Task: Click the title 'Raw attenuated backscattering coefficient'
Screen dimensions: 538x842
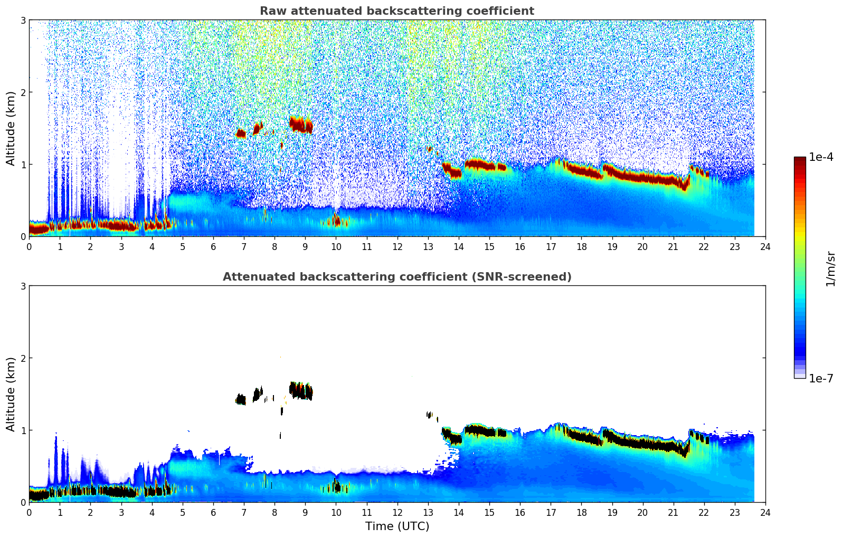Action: click(396, 11)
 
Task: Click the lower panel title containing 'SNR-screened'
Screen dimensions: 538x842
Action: click(396, 277)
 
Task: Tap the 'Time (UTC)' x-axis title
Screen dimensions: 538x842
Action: click(397, 526)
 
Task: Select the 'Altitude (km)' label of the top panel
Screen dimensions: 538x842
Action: click(11, 128)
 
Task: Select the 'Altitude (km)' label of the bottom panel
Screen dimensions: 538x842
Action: click(11, 394)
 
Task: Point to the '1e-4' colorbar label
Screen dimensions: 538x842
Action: click(821, 157)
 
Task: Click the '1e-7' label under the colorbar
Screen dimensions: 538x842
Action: click(821, 378)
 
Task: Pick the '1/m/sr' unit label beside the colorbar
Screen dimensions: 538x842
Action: click(830, 268)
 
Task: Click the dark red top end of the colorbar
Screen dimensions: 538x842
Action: click(800, 159)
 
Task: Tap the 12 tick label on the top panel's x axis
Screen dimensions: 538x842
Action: click(397, 246)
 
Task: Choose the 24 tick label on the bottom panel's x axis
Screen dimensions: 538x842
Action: click(765, 512)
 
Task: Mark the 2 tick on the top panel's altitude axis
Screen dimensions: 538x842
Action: click(23, 92)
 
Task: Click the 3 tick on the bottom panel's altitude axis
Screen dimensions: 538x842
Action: click(23, 286)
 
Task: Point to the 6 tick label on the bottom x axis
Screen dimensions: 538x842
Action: click(213, 512)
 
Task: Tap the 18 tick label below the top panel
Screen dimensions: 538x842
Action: click(581, 246)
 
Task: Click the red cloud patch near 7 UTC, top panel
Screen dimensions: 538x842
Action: click(241, 133)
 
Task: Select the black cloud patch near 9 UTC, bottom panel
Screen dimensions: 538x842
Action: click(301, 391)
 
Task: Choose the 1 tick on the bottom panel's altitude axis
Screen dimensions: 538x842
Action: click(23, 430)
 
